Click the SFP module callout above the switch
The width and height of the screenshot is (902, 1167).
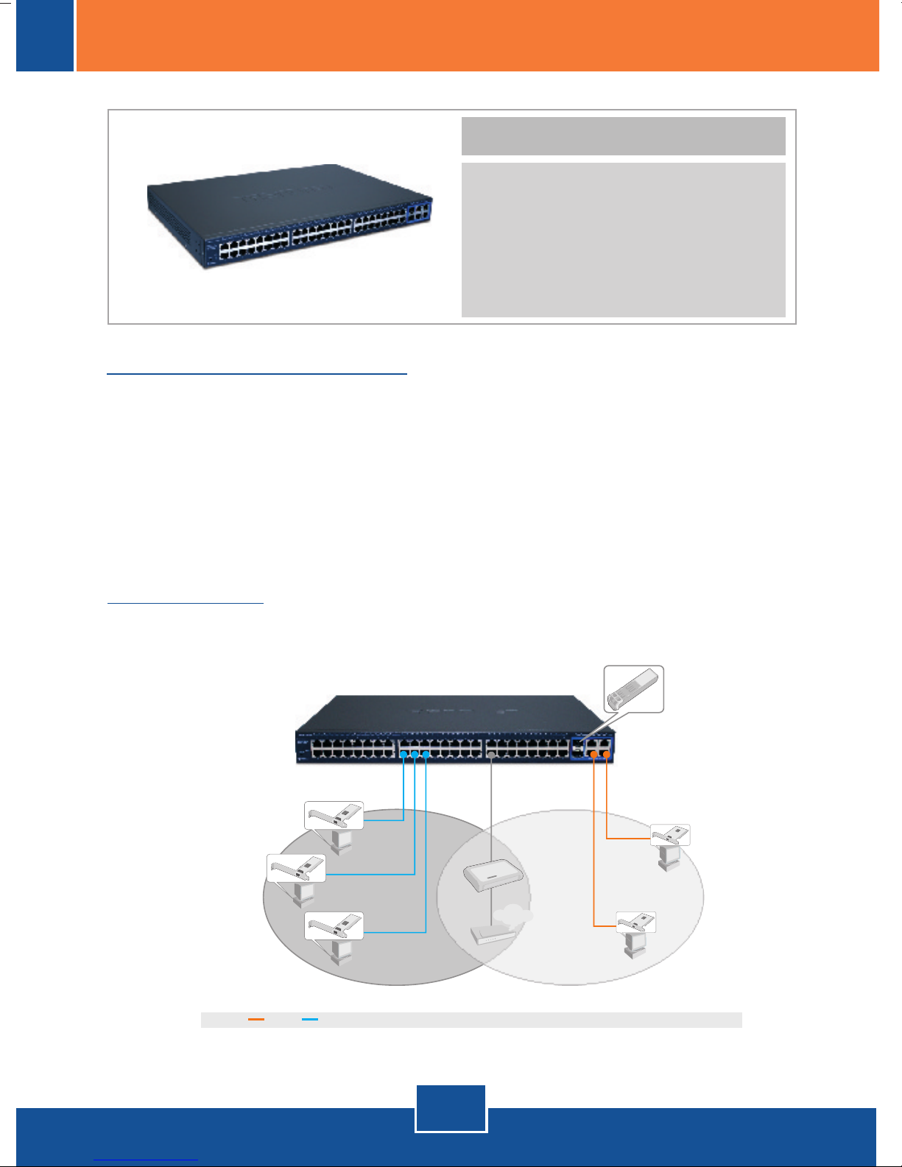[x=633, y=688]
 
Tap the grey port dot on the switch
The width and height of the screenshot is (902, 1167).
[x=490, y=755]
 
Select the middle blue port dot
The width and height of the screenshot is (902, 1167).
[x=415, y=755]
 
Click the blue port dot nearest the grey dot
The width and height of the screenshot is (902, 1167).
[x=426, y=755]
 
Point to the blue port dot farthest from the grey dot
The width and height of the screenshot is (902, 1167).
[x=403, y=755]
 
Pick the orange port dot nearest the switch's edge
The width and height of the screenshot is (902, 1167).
[x=606, y=754]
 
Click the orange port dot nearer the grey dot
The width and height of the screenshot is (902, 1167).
[x=594, y=754]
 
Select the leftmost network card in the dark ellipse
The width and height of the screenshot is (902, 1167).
[x=296, y=868]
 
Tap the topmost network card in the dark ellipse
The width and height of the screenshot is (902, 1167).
[x=334, y=815]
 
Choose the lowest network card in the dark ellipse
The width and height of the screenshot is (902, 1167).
[x=334, y=926]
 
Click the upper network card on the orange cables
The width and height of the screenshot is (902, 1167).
[x=671, y=835]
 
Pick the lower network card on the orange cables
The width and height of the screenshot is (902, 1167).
[x=635, y=923]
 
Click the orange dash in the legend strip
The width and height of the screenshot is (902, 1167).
[x=256, y=1020]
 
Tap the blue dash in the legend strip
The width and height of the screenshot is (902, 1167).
[x=310, y=1020]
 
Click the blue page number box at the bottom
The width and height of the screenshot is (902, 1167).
[x=451, y=1108]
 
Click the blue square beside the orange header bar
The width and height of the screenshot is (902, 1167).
[x=45, y=35]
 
